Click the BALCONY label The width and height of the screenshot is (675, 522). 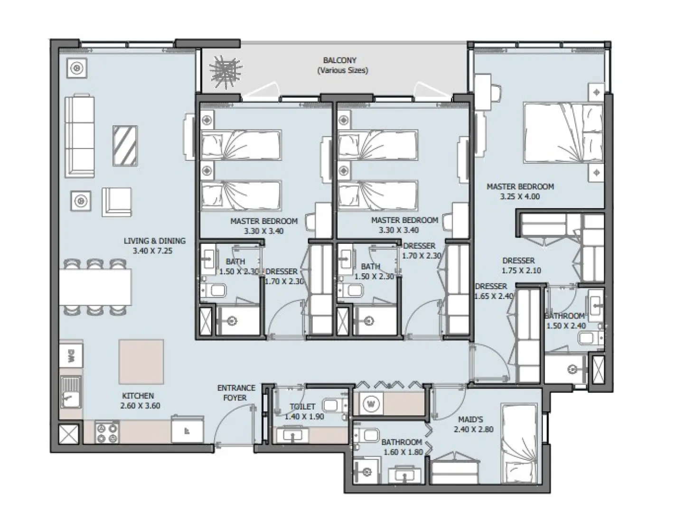[x=339, y=60]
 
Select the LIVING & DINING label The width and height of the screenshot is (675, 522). [x=154, y=241]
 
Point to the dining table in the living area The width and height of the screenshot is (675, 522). [x=95, y=288]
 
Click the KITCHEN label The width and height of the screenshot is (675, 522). [x=138, y=395]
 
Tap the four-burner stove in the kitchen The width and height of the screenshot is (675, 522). [x=107, y=432]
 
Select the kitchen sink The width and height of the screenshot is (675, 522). [x=71, y=392]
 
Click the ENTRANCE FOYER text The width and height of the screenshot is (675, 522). [x=236, y=392]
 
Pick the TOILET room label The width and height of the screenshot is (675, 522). [x=302, y=407]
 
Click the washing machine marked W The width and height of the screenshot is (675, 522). [x=371, y=404]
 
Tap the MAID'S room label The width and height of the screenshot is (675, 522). [x=470, y=419]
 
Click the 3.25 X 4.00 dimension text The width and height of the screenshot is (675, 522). [x=520, y=196]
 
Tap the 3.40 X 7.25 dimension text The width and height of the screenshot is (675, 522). [x=154, y=251]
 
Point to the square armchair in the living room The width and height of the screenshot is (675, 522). [x=117, y=201]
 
